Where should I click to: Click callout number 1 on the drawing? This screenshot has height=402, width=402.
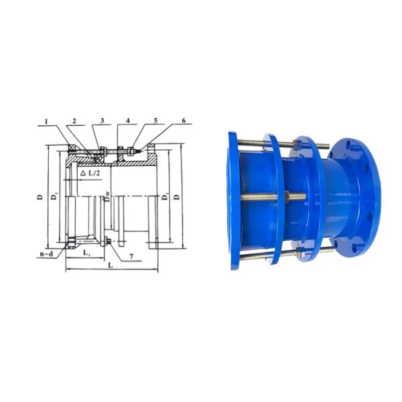tap(47, 121)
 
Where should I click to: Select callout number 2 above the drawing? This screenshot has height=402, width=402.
tap(75, 121)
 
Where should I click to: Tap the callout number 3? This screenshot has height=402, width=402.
tap(102, 121)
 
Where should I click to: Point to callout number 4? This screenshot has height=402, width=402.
tap(127, 121)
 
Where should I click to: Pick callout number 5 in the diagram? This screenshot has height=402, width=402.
tap(155, 121)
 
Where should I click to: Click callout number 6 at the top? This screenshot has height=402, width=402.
tap(183, 121)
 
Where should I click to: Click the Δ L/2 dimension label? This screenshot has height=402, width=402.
tap(92, 173)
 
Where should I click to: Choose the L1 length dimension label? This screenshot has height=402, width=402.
tap(86, 254)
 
